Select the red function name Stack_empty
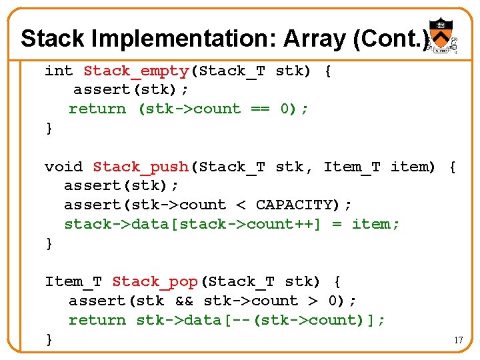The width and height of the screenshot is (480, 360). coord(137,71)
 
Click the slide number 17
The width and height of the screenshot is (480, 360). coord(458,340)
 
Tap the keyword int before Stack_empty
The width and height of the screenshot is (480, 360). coord(59,71)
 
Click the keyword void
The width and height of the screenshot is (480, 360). coord(63,167)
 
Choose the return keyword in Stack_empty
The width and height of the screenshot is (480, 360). coord(97,109)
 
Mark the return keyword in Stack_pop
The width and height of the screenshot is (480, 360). coord(97,320)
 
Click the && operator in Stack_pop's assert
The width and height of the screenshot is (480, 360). coord(183,301)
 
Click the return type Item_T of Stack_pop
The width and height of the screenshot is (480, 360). coord(73,281)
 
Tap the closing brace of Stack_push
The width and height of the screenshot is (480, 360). coord(49,244)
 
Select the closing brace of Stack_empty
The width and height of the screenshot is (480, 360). coord(49,128)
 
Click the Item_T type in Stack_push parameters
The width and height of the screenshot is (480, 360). coord(352,167)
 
